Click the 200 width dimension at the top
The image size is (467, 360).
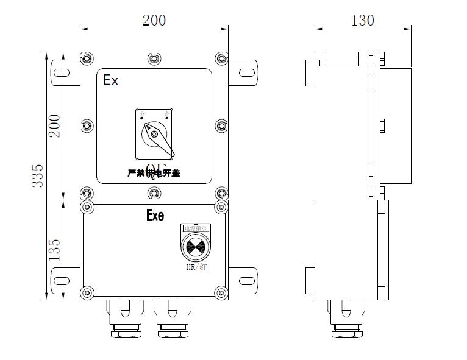pyautogui.click(x=154, y=19)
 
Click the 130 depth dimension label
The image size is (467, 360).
pyautogui.click(x=363, y=19)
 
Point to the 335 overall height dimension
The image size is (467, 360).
pyautogui.click(x=38, y=175)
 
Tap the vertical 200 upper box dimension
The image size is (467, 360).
pyautogui.click(x=55, y=126)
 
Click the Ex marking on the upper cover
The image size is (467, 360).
pyautogui.click(x=110, y=80)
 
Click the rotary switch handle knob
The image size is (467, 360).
pyautogui.click(x=154, y=132)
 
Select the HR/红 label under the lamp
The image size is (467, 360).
pyautogui.click(x=196, y=268)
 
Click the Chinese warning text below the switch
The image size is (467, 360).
pyautogui.click(x=154, y=173)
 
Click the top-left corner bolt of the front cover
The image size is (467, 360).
pyautogui.click(x=87, y=58)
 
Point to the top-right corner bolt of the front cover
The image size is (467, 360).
pyautogui.click(x=221, y=58)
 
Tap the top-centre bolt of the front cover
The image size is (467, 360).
pyautogui.click(x=154, y=58)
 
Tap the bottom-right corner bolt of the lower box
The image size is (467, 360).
pyautogui.click(x=221, y=293)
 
